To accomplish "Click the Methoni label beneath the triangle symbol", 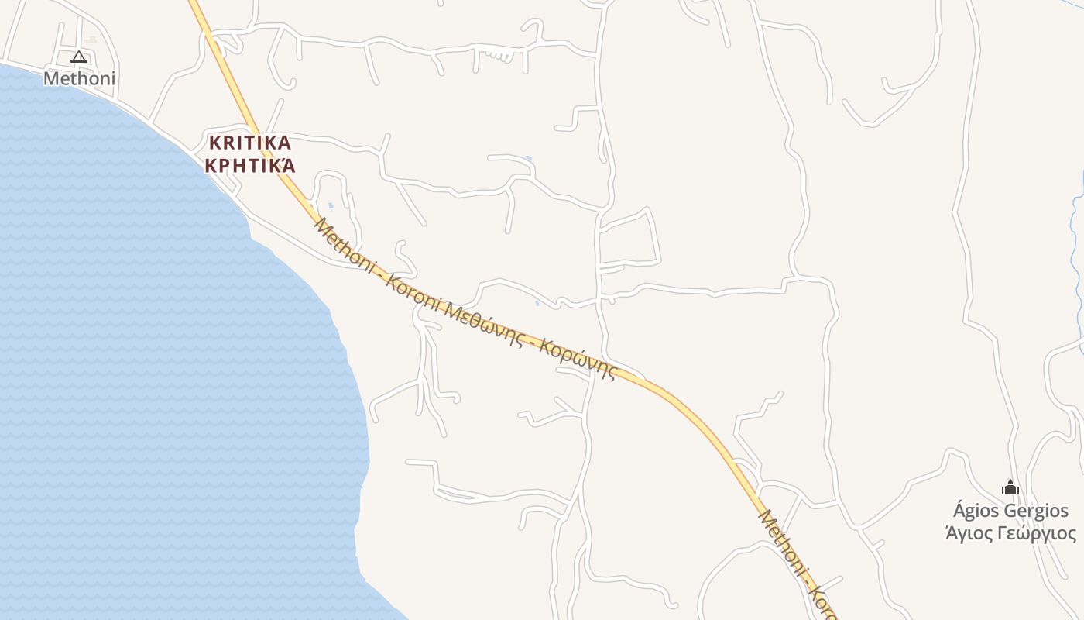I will coord(79,78).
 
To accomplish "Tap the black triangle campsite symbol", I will coord(79,57).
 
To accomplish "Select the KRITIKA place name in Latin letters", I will coord(249,143).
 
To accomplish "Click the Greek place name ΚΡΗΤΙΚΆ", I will coord(249,166).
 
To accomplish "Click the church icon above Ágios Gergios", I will coord(1010,487).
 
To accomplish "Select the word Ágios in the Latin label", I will coord(976,511).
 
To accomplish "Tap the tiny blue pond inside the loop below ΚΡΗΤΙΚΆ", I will coord(331,206).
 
